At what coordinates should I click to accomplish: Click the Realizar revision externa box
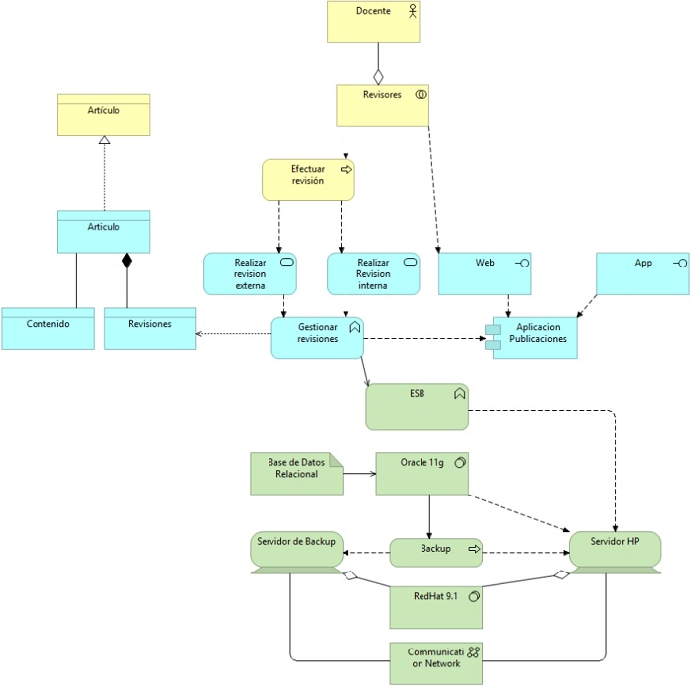point(251,273)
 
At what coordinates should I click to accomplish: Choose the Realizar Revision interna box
point(373,273)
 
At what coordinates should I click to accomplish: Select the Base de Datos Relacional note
point(292,474)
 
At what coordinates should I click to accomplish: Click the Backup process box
point(435,552)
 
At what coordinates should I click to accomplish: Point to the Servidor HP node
point(615,549)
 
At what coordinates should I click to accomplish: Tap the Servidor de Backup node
point(296,549)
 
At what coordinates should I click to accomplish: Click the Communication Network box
point(435,664)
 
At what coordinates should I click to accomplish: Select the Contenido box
point(47,329)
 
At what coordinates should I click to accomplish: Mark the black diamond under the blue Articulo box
point(126,261)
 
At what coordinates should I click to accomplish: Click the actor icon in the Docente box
point(413,11)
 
